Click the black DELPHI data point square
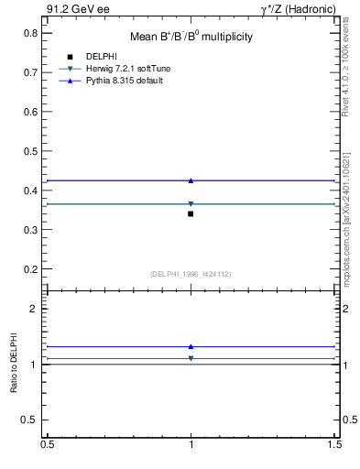point(191,213)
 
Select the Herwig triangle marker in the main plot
point(191,204)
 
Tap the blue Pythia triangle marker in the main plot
point(191,180)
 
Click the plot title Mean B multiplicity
point(191,37)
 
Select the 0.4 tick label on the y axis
point(30,191)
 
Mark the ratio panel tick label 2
point(34,309)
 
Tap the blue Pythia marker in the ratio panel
point(191,346)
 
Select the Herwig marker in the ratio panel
point(191,358)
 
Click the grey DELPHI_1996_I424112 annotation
point(191,273)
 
